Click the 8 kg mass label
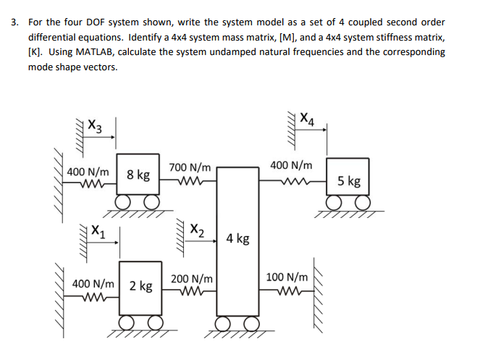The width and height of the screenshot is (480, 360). pos(138,175)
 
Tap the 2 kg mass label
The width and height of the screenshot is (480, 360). pos(140,286)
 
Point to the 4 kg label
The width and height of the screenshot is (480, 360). pos(237,238)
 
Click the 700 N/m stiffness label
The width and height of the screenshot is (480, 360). pos(190,168)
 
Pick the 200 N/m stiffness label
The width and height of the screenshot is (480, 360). pos(192,279)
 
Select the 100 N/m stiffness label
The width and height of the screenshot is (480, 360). pos(287,277)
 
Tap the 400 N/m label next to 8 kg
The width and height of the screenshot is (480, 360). pos(88,172)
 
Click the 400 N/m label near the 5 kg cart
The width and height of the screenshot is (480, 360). pos(291,166)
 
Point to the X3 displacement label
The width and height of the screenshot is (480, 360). pos(94,125)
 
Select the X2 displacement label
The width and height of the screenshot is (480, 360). pos(195,232)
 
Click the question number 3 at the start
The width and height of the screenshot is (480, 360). pos(14,22)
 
